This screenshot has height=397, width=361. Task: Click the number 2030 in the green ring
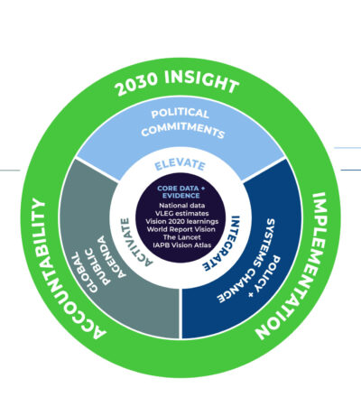click(x=137, y=83)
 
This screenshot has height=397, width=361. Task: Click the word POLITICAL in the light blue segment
click(x=180, y=113)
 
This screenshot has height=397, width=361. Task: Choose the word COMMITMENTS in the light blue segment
click(x=183, y=130)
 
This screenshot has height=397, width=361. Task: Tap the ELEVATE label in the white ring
click(x=180, y=165)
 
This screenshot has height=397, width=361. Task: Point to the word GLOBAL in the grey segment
click(x=84, y=272)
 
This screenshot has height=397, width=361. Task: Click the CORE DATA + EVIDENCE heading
click(x=180, y=192)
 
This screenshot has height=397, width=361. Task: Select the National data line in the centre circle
click(x=182, y=206)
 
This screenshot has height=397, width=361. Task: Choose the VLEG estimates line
click(x=181, y=214)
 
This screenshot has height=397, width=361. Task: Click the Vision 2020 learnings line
click(x=182, y=222)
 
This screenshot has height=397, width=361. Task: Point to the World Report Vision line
click(x=181, y=229)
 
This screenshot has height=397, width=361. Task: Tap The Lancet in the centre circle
click(x=181, y=237)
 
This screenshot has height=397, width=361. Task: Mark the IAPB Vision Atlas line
click(x=182, y=245)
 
